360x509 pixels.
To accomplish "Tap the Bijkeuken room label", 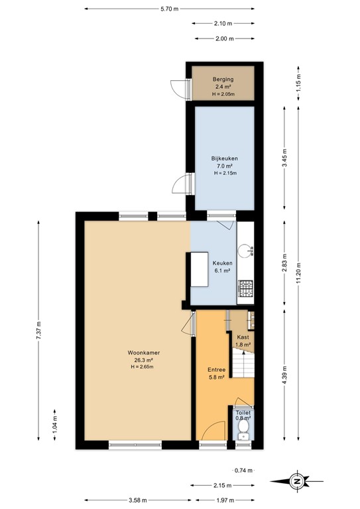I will point(224,158).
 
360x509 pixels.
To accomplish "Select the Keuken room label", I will point(221,262).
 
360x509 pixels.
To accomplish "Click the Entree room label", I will point(217,370).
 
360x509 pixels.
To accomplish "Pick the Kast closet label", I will point(243,337).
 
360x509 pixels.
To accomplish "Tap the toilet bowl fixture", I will point(243,433).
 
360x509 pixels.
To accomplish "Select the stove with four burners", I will point(246,289).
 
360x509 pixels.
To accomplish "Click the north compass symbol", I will point(298,481).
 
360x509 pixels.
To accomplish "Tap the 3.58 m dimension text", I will point(138,500).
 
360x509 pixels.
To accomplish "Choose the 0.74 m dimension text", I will point(243,470).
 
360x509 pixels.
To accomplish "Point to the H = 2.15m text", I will point(225,173).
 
